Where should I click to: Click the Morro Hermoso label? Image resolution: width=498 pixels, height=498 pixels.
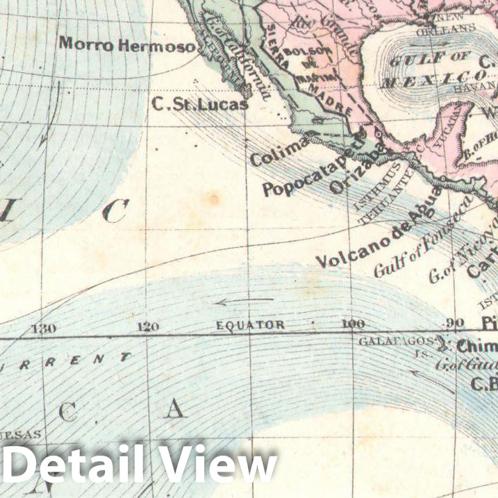pyautogui.click(x=127, y=43)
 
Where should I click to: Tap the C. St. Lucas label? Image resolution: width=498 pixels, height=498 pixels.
pyautogui.click(x=200, y=104)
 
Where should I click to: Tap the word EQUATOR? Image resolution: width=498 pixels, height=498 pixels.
pyautogui.click(x=250, y=325)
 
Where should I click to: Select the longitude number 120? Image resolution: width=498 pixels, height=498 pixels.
pyautogui.click(x=148, y=327)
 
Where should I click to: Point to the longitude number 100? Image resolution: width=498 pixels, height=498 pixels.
pyautogui.click(x=353, y=324)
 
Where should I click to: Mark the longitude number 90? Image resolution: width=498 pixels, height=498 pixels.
pyautogui.click(x=455, y=323)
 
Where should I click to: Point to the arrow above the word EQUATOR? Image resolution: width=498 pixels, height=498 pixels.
pyautogui.click(x=243, y=302)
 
